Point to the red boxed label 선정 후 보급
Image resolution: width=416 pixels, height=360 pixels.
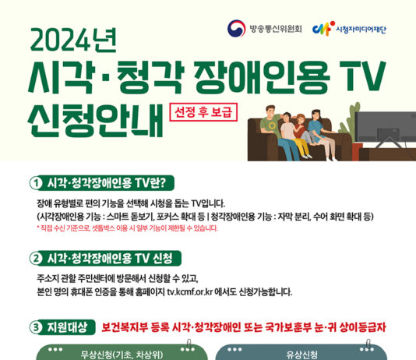coord(203,112)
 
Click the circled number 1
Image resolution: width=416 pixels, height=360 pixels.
coord(35,183)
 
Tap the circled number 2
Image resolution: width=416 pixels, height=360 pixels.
coord(35,258)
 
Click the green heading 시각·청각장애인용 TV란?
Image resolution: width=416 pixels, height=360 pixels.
coord(107,183)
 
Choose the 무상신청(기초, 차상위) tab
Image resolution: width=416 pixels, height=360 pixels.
coord(122,355)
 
